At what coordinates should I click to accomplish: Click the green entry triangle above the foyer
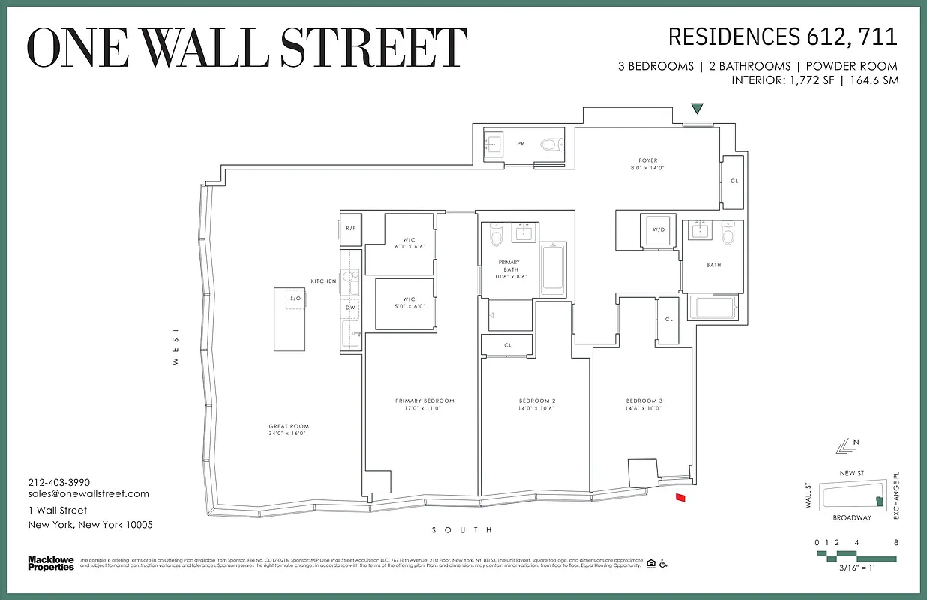[x=697, y=109]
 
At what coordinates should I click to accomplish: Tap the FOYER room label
[x=648, y=160]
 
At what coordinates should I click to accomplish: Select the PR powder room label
[x=520, y=142]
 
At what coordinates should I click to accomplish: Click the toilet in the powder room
[x=551, y=144]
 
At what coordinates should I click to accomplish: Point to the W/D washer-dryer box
[x=659, y=230]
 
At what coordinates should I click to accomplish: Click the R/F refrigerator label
[x=350, y=228]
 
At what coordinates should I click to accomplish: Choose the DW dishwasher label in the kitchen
[x=350, y=307]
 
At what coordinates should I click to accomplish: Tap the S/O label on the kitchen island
[x=295, y=298]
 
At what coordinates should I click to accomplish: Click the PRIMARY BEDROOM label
[x=424, y=400]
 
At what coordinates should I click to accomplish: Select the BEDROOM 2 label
[x=536, y=400]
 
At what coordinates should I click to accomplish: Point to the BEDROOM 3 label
[x=644, y=400]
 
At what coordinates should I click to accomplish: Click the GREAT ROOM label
[x=289, y=426]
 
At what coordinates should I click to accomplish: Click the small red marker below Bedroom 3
[x=681, y=497]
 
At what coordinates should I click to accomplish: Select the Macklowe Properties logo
[x=51, y=563]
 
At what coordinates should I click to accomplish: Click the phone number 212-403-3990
[x=59, y=482]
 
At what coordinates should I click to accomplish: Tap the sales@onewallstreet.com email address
[x=88, y=493]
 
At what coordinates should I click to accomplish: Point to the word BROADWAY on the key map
[x=852, y=518]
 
